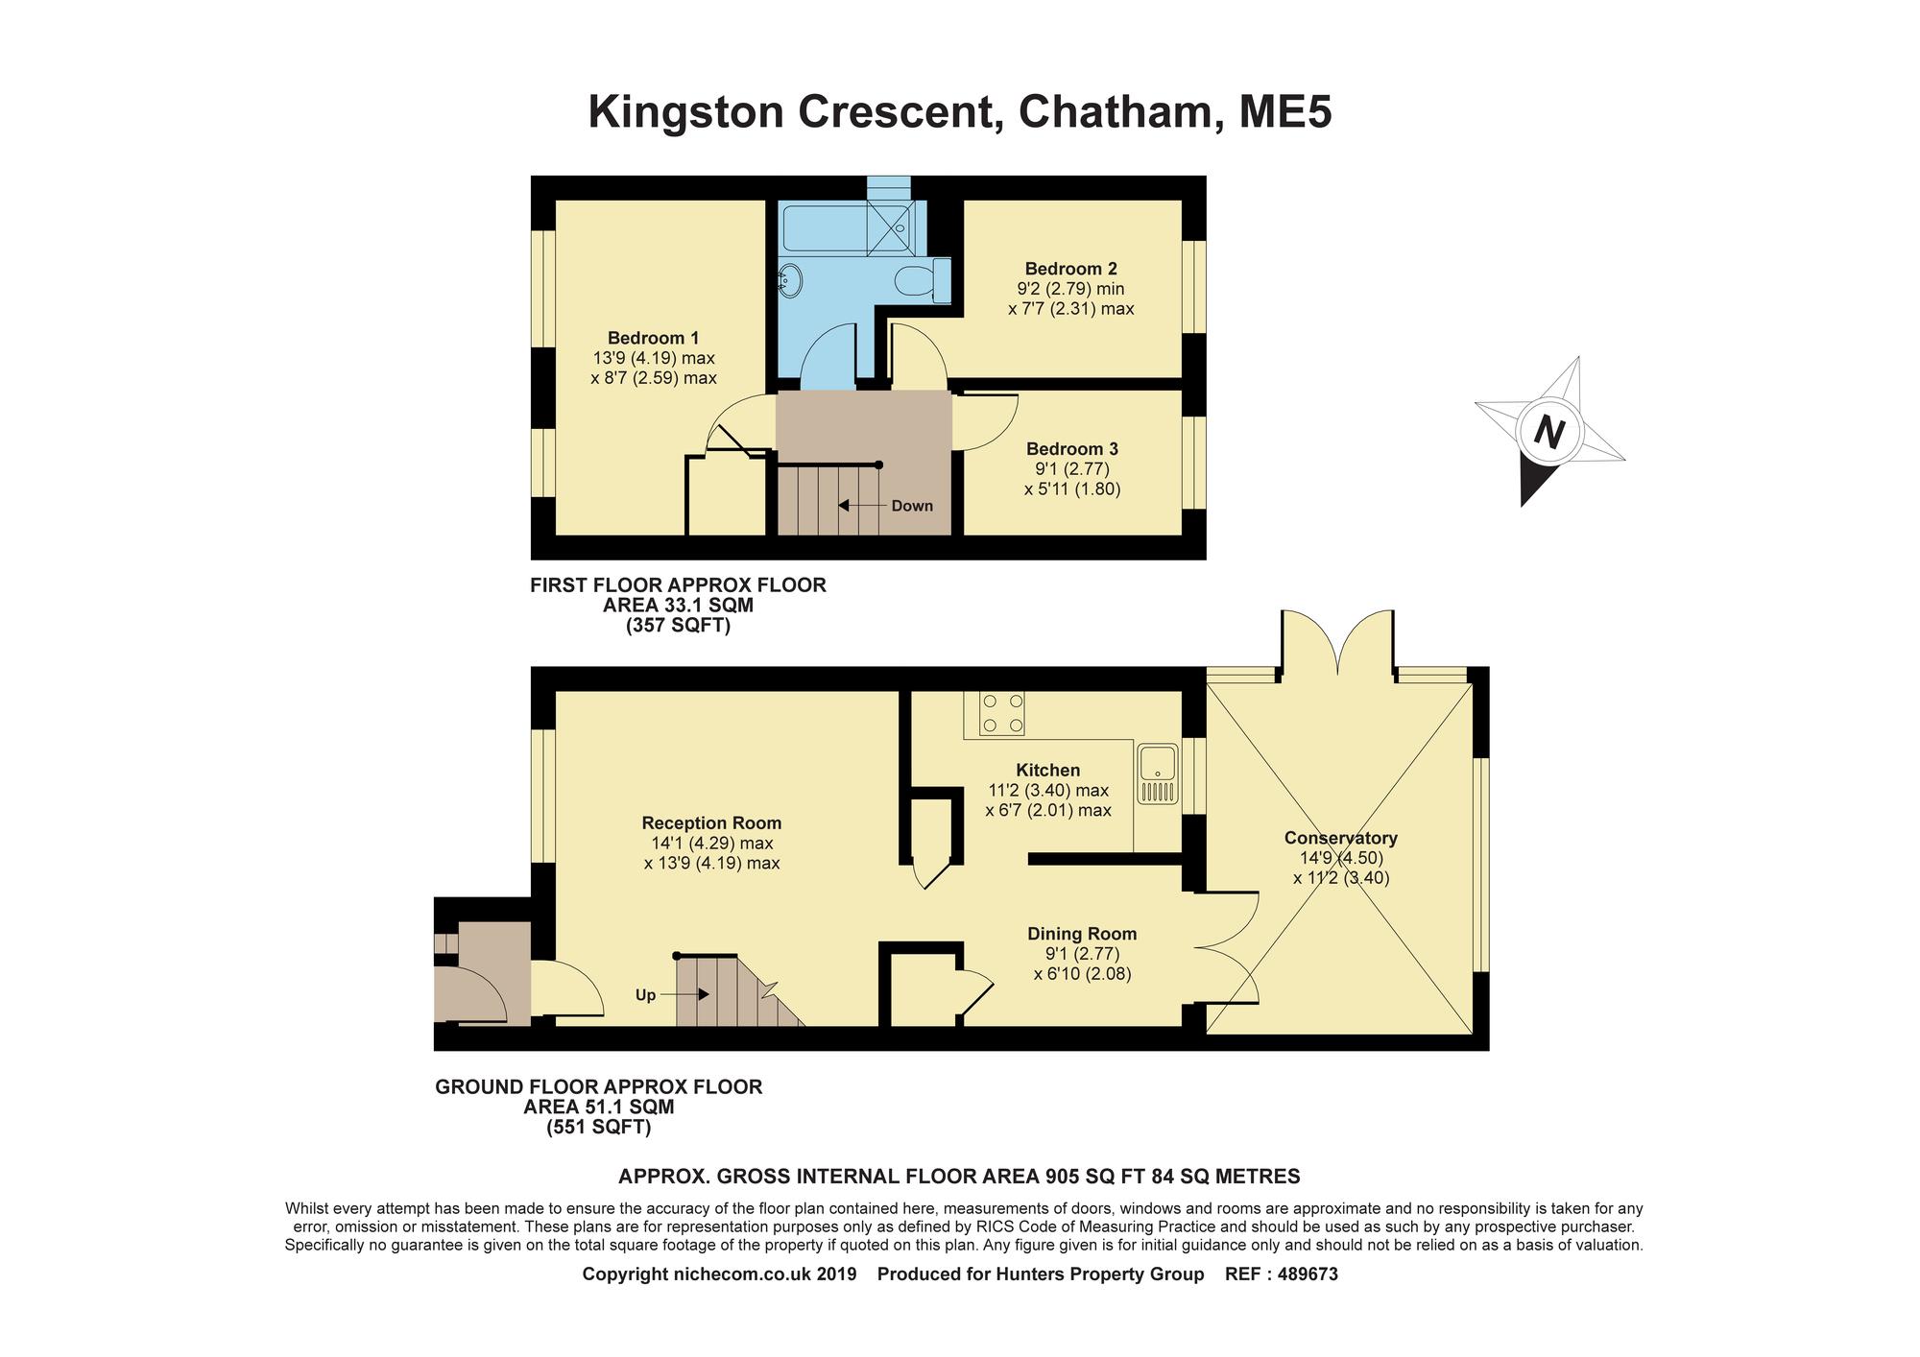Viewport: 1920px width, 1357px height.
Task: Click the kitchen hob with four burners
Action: coord(1001,713)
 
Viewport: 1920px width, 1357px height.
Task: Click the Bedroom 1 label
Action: coord(653,338)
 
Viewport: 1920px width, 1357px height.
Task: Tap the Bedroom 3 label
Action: coord(1072,449)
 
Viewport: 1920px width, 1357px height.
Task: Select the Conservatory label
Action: coord(1340,838)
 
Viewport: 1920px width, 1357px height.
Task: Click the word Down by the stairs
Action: coord(912,506)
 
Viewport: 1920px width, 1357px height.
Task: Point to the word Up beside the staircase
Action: coord(645,995)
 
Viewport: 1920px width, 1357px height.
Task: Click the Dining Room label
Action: coord(1082,934)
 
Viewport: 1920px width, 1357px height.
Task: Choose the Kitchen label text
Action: coord(1048,770)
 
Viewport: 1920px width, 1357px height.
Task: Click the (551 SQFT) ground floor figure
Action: coord(599,1128)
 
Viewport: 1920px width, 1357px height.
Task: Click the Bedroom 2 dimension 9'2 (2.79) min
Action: coord(1071,289)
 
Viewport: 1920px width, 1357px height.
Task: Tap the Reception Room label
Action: coord(711,822)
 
